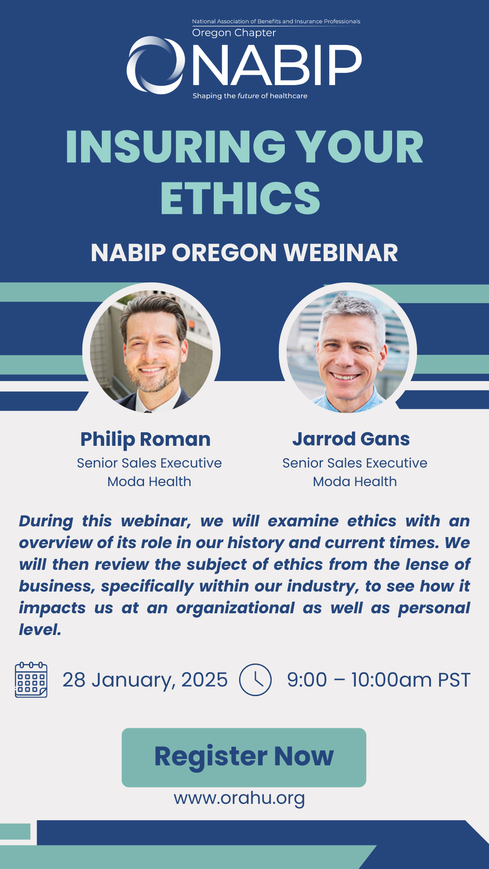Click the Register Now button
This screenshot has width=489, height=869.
pos(244,757)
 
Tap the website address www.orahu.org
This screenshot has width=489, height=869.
pos(239,798)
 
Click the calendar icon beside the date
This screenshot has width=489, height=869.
pos(31,680)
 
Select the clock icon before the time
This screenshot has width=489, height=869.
pos(255,680)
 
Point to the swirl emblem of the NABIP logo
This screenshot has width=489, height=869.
pos(155,65)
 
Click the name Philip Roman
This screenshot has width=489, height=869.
pos(145,439)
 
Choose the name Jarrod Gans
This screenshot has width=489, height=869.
pos(351,439)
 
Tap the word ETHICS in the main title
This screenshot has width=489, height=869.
pos(240,198)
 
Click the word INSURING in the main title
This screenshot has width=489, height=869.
pos(176,147)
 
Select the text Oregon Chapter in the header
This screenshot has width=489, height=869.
pos(234,33)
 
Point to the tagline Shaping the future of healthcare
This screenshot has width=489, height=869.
pos(250,96)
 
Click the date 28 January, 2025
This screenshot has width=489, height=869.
pos(145,680)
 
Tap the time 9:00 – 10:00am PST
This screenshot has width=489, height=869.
pos(379,680)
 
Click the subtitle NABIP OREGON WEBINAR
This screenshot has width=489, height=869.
pos(244,253)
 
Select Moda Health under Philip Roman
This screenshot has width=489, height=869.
pos(149,482)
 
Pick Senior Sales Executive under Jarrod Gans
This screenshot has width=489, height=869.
pos(355,463)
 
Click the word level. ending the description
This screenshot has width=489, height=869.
pos(40,630)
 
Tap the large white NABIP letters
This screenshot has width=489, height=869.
pos(277,65)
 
